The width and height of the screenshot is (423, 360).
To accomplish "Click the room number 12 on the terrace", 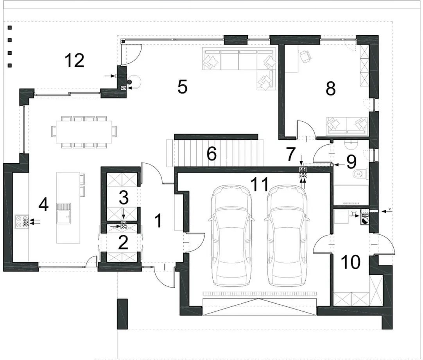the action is tap(75, 61).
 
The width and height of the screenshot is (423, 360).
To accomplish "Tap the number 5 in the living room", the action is tap(182, 87).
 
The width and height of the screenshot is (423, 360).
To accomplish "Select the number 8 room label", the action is tap(331, 88).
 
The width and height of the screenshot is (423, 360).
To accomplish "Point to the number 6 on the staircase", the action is tap(211, 154).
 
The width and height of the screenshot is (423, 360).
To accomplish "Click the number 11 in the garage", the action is tap(260, 184).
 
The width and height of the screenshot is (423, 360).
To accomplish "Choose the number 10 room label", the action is tap(351, 262).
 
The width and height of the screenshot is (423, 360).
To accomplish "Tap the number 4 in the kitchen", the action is tap(43, 205).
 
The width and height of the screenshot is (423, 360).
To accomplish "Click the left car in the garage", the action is tap(231, 236).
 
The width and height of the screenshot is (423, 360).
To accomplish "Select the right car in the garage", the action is tap(287, 236).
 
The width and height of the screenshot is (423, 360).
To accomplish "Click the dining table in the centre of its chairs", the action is tap(84, 131).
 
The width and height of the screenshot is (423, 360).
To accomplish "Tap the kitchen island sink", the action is tap(64, 213).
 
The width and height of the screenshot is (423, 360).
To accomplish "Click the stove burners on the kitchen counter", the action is tap(22, 222).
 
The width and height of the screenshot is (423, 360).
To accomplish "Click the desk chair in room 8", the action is tap(306, 56).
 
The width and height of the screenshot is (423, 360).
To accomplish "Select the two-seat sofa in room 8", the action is tap(347, 126).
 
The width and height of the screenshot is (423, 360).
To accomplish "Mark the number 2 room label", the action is tap(123, 243).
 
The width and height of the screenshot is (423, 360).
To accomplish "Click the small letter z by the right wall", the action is tap(390, 209).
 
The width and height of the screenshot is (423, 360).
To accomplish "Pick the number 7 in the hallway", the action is tap(290, 154).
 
